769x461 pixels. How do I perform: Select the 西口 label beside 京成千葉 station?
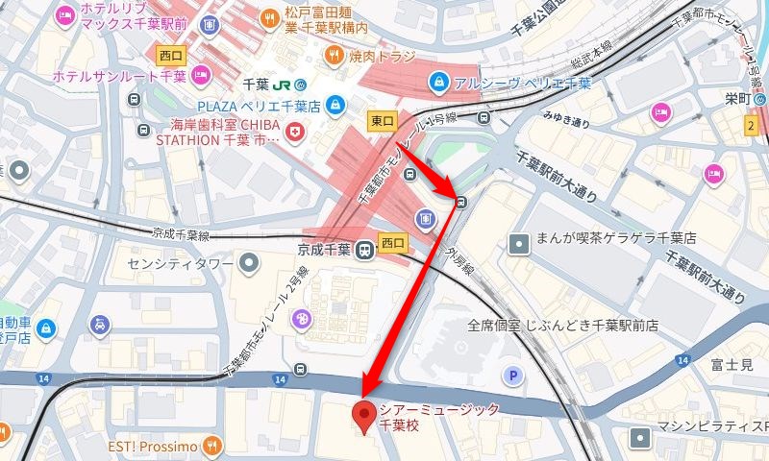point(393,240)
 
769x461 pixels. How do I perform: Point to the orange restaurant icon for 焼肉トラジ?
point(335,55)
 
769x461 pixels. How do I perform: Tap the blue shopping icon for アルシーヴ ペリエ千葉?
point(439,82)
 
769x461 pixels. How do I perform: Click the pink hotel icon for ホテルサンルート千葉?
point(201,75)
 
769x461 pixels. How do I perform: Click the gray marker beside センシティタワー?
point(250,261)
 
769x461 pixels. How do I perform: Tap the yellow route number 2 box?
point(750,125)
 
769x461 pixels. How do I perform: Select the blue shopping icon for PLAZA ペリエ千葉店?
point(335,104)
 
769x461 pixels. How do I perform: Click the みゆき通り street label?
point(565,121)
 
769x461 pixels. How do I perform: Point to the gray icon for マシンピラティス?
point(639,438)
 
